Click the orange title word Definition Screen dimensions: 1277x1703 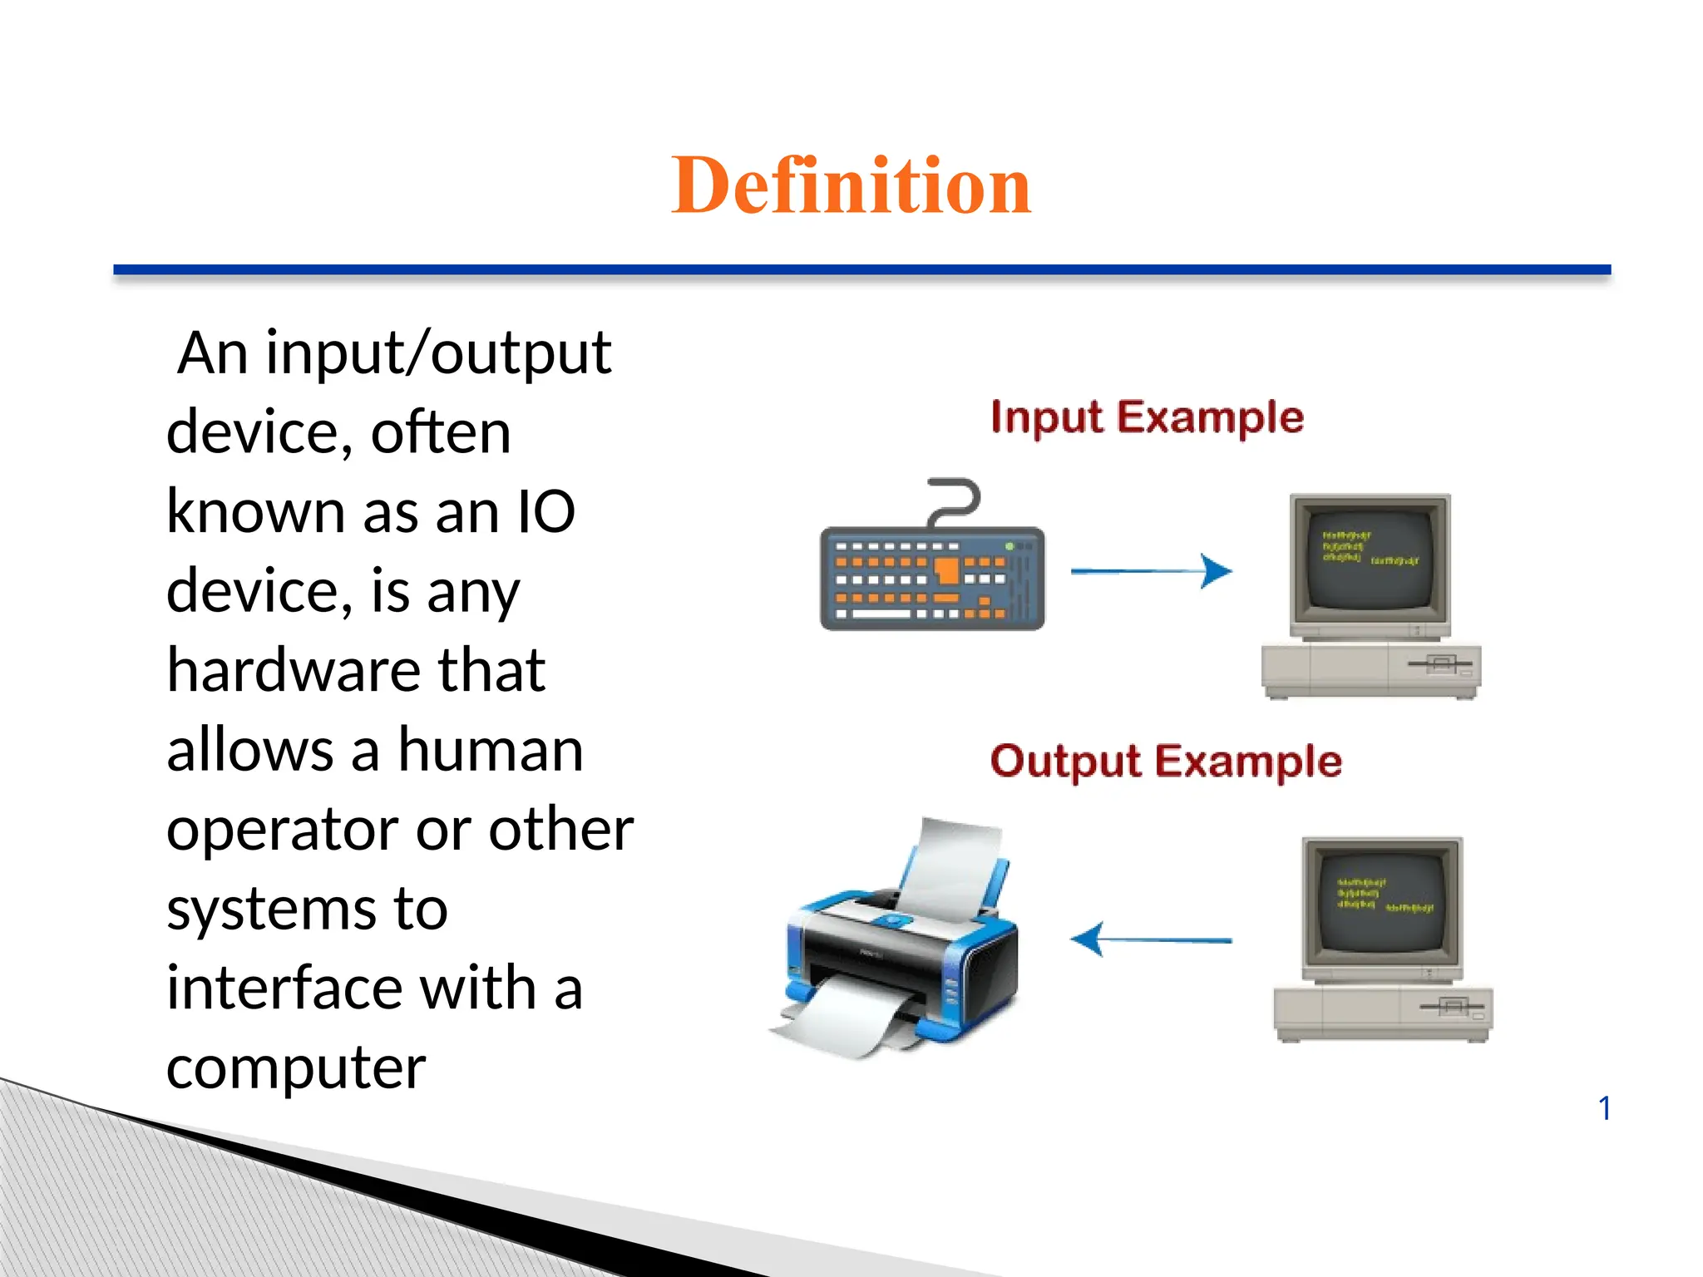click(x=851, y=185)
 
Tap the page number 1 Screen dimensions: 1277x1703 click(x=1604, y=1108)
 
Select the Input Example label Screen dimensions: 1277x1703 click(x=1147, y=417)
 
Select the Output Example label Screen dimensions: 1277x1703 click(x=1166, y=762)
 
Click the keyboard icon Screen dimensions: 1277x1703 click(x=931, y=578)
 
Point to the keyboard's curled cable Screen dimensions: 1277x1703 click(x=955, y=500)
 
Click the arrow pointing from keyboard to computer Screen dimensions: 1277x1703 click(x=1152, y=571)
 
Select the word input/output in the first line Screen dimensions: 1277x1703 click(x=438, y=354)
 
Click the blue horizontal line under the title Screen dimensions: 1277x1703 click(x=861, y=270)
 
